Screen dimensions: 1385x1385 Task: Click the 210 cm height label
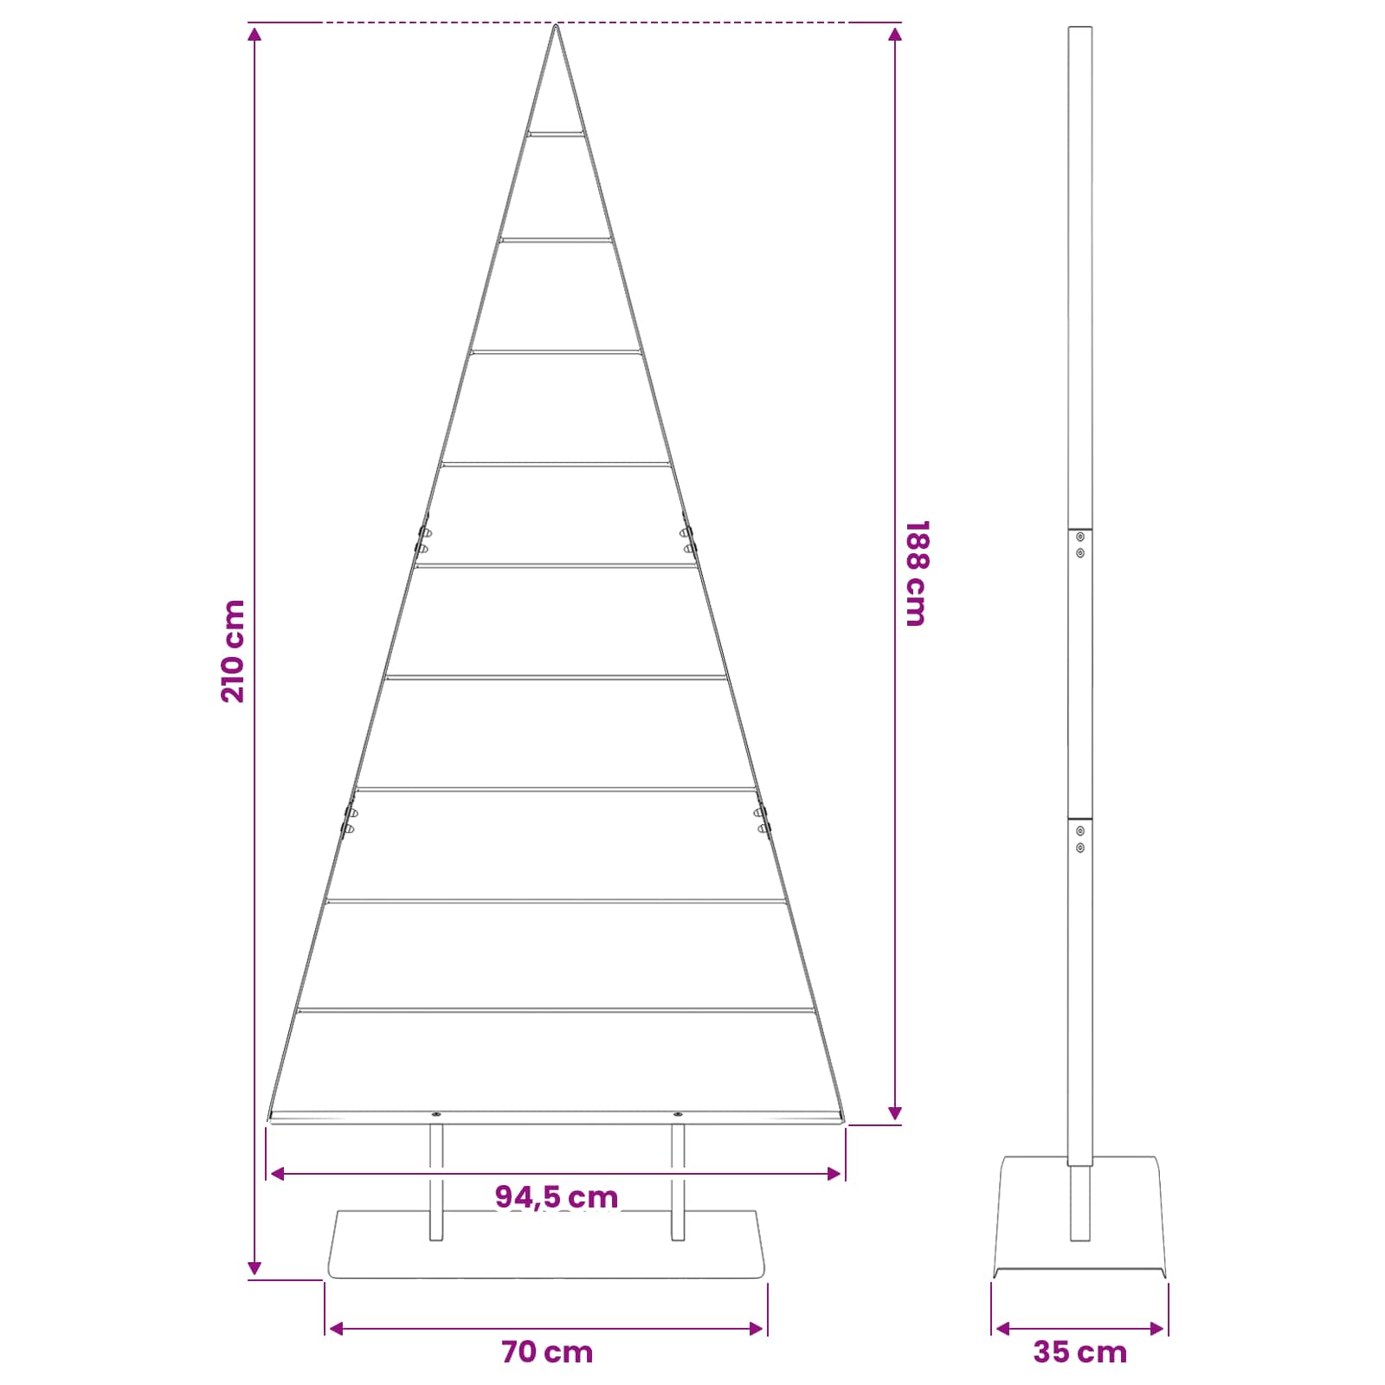tap(234, 651)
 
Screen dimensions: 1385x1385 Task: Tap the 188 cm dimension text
tap(916, 573)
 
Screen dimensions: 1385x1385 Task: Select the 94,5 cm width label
tap(557, 1197)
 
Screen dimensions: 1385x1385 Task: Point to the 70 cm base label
tap(547, 1352)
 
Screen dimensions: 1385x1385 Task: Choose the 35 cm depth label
tap(1080, 1352)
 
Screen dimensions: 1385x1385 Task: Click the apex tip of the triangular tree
tap(556, 26)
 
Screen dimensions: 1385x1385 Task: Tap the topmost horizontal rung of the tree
tap(556, 134)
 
